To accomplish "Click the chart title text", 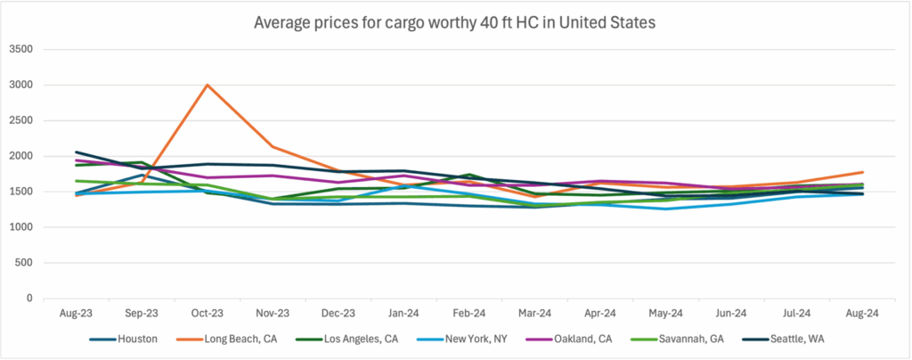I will (x=456, y=22).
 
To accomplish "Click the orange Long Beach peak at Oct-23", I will (x=207, y=86).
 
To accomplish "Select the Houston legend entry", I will (x=133, y=340).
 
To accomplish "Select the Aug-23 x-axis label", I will (x=77, y=314).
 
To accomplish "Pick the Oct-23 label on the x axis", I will (x=207, y=314).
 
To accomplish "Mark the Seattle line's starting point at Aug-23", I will (x=77, y=152).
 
